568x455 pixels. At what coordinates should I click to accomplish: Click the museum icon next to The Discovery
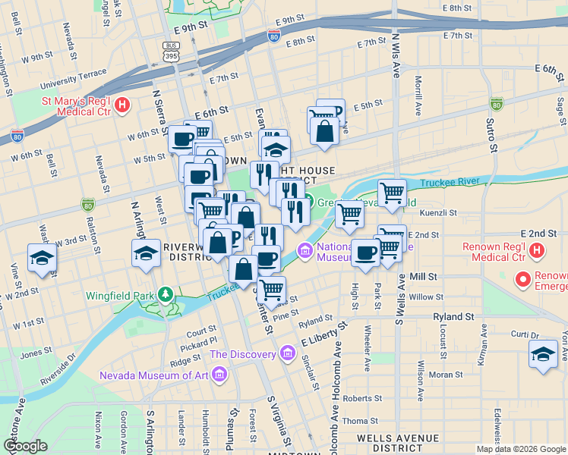[286, 353]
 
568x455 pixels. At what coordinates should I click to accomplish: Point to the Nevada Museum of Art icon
[219, 375]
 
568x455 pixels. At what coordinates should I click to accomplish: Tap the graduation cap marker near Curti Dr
[543, 354]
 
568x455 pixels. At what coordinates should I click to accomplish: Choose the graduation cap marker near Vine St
[41, 258]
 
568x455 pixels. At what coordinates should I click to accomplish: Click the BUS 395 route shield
[171, 50]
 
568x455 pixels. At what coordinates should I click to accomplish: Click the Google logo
[25, 446]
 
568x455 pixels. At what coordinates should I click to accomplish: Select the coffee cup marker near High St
[366, 253]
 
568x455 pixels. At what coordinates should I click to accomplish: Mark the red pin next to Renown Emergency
[522, 281]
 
